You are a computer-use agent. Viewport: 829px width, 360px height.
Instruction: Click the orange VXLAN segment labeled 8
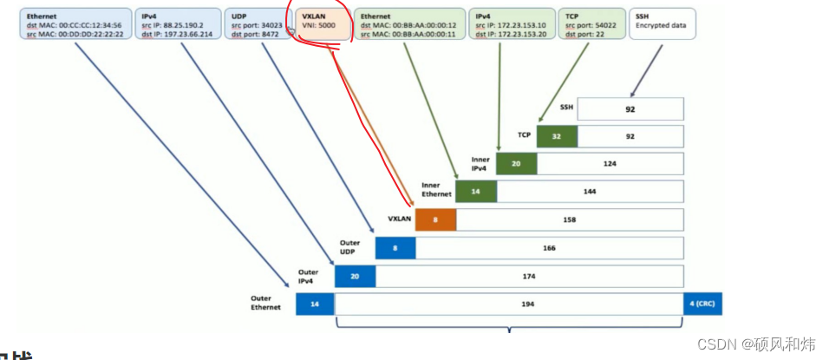click(435, 220)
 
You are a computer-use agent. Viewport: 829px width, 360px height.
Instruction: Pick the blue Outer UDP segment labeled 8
click(395, 248)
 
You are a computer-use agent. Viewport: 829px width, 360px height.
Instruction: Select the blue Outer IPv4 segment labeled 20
click(355, 276)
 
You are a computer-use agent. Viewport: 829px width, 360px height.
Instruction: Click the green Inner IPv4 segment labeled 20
click(516, 164)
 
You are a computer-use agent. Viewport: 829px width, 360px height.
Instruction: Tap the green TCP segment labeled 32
click(557, 136)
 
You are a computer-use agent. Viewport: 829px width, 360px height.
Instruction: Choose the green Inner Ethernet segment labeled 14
click(476, 192)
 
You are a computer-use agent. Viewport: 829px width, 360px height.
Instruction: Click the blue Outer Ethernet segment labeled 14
click(315, 304)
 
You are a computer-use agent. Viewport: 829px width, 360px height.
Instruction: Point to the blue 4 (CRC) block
click(705, 304)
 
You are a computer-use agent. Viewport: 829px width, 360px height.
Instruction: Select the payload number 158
click(570, 220)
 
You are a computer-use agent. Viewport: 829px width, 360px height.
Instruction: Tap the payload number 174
click(530, 276)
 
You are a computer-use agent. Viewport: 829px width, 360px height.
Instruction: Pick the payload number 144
click(590, 192)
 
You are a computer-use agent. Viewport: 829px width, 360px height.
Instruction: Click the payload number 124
click(610, 164)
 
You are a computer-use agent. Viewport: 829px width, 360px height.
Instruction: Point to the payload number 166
click(550, 248)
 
